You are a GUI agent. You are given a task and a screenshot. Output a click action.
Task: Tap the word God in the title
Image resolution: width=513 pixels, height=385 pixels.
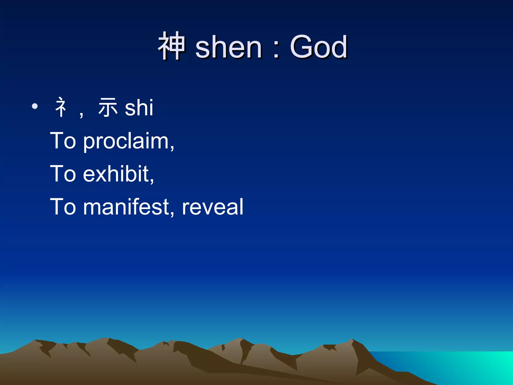point(319,47)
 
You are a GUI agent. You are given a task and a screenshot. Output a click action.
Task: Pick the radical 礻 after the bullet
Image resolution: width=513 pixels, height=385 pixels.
point(61,107)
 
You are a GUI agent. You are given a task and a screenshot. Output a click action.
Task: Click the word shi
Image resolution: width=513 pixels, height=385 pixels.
point(139,108)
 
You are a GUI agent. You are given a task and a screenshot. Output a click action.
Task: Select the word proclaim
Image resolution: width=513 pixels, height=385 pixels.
point(126,142)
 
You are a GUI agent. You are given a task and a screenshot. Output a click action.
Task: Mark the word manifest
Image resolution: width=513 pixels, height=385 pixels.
point(126,207)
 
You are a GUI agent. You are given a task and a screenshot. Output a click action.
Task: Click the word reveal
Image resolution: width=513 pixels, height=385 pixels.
point(212,207)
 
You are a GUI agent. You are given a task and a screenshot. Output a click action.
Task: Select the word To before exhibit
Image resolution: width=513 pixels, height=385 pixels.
point(63,174)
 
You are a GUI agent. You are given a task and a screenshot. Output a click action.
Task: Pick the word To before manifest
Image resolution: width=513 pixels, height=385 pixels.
point(63,207)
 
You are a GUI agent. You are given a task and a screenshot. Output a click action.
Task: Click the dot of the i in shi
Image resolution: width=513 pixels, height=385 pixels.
point(150,100)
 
